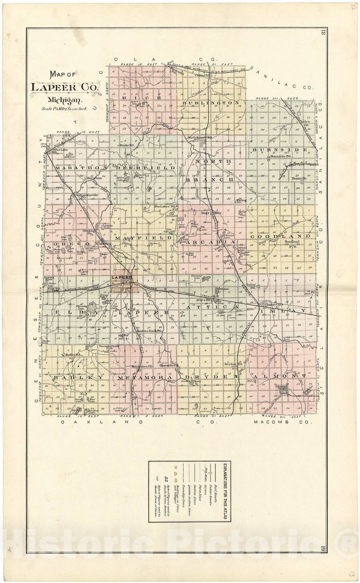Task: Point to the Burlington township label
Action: point(210,103)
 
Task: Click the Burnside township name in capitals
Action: point(280,150)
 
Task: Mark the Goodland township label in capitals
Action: point(280,236)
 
